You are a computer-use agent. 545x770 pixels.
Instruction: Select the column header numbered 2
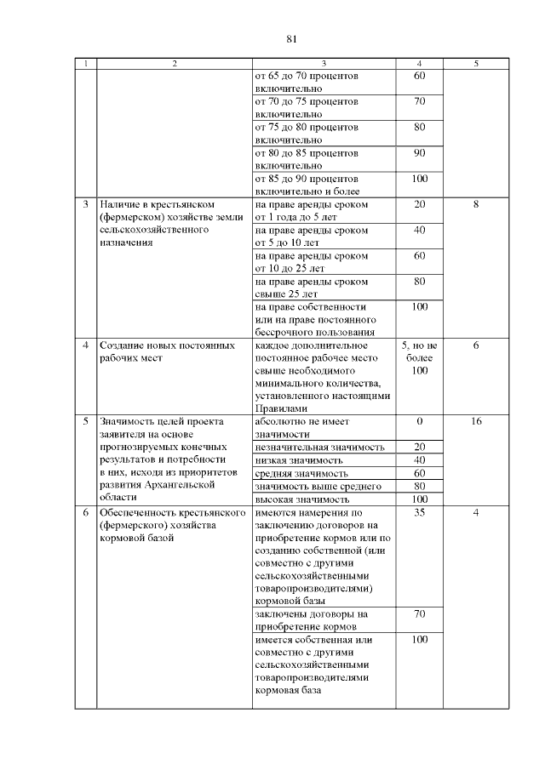click(x=174, y=64)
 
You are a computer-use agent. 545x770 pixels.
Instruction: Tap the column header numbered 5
click(x=476, y=64)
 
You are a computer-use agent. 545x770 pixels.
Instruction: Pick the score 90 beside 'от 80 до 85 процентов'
click(x=419, y=153)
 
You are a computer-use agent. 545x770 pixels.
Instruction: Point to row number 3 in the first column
click(x=85, y=205)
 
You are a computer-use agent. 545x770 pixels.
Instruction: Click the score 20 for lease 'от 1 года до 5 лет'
click(x=419, y=205)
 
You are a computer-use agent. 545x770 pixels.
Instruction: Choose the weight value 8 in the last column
click(x=476, y=205)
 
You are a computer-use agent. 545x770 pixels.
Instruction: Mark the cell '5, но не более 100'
click(x=419, y=358)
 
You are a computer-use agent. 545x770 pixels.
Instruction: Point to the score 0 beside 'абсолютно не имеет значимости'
click(x=419, y=421)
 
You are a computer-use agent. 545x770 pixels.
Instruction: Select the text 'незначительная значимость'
click(x=320, y=447)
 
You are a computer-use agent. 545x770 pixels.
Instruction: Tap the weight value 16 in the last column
click(x=476, y=421)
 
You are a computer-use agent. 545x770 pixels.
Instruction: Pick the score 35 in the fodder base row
click(x=419, y=514)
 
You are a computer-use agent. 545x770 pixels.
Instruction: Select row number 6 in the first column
click(x=85, y=514)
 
